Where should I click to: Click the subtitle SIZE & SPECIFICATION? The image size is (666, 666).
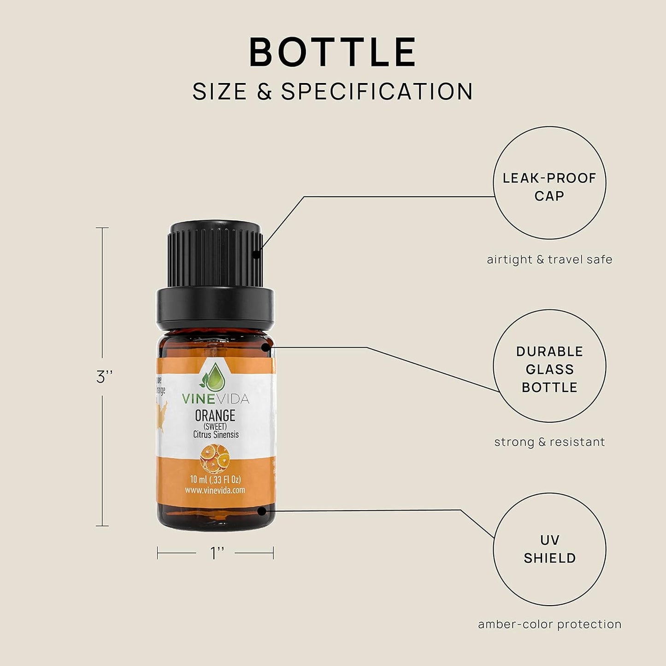pos(333,91)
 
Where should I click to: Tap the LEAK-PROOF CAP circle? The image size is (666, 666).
pos(549,183)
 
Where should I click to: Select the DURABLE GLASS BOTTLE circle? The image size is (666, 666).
pos(549,366)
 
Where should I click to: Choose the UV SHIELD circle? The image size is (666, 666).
pos(549,549)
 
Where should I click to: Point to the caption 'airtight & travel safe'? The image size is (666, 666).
pos(549,259)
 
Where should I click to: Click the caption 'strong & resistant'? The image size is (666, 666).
pos(549,442)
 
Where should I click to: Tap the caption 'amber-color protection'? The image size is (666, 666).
pos(549,625)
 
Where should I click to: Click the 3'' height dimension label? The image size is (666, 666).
pos(104,377)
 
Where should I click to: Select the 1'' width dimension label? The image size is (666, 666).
pos(217,553)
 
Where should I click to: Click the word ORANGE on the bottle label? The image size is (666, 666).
pos(215,416)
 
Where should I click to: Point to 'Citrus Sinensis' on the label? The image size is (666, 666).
pos(216,435)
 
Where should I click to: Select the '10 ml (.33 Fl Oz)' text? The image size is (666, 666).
pos(215,480)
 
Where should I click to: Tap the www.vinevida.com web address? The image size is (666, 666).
pos(215,490)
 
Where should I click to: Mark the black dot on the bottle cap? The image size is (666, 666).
pos(256,254)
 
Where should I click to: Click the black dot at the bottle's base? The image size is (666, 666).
pos(262,511)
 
